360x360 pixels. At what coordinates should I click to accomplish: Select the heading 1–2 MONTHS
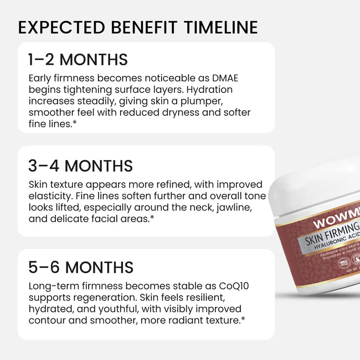[x=78, y=60]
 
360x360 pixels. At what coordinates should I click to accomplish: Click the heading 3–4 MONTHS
[x=80, y=166]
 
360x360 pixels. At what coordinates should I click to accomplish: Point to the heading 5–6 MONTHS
[x=81, y=268]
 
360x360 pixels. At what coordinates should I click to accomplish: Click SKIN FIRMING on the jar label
[x=330, y=240]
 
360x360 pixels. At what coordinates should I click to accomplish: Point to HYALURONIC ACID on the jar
[x=336, y=251]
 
